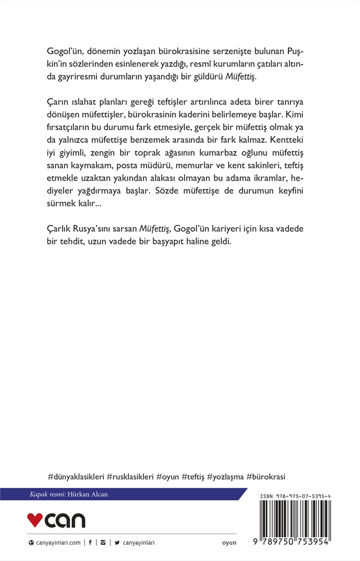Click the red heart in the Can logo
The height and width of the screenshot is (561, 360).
pos(35,521)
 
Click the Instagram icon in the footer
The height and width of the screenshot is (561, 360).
pos(103,542)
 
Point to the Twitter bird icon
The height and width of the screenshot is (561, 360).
pos(117,542)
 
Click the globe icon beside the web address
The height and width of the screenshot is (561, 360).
pos(31,542)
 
